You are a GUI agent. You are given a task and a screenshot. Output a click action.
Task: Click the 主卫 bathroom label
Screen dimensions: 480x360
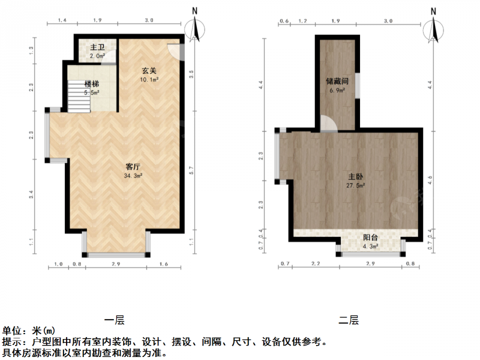click(97, 47)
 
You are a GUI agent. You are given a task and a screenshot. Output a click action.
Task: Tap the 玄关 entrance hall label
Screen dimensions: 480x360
click(149, 71)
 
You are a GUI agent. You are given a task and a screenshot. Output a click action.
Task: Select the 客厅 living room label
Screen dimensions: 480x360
click(133, 167)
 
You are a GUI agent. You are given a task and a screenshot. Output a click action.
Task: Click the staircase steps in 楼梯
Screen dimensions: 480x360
click(79, 97)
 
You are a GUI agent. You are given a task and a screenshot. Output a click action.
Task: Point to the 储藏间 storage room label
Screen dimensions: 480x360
click(337, 81)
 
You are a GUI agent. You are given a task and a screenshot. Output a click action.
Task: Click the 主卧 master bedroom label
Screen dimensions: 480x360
click(356, 176)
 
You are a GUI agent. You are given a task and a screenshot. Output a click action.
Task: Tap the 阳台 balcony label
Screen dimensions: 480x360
click(370, 238)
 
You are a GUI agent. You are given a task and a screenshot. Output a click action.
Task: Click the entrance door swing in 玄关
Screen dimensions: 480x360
click(176, 52)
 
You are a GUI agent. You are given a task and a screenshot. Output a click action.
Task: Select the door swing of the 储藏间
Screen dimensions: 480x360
click(329, 124)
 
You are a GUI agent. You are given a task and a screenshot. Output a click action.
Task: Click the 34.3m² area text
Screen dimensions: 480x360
click(133, 176)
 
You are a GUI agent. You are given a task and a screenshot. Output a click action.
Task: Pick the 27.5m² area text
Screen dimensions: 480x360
click(356, 185)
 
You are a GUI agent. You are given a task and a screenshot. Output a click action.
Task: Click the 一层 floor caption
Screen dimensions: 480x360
click(114, 320)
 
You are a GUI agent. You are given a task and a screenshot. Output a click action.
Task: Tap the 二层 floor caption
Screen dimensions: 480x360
click(349, 320)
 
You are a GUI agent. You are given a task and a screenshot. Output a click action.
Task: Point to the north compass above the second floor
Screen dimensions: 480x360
click(433, 29)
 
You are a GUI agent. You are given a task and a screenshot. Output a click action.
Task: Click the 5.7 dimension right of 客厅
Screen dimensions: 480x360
click(191, 170)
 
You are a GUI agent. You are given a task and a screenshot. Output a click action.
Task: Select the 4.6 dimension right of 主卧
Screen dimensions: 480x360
click(430, 179)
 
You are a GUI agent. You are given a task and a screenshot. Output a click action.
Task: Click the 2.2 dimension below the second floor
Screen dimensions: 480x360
click(316, 263)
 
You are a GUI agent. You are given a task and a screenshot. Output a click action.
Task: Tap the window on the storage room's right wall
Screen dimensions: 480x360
click(357, 86)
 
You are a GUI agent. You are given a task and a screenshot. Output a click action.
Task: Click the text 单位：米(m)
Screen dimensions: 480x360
click(29, 331)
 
